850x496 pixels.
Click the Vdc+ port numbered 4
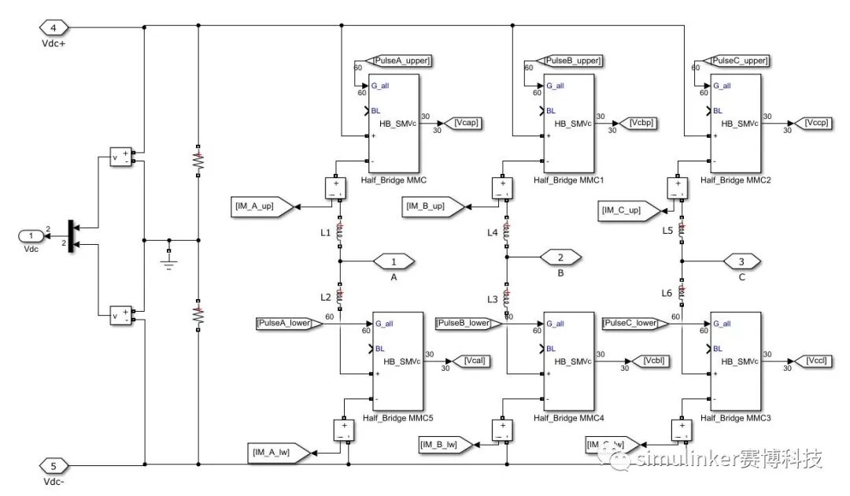pos(54,28)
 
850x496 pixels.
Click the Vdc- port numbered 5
pos(54,465)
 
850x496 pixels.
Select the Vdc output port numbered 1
pos(31,236)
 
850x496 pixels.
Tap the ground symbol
pos(168,257)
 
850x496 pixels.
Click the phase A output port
pos(394,261)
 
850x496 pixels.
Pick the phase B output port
pos(560,257)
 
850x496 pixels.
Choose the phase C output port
pos(741,261)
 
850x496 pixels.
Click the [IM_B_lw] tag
pos(445,446)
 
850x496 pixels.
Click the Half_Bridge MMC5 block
pos(397,362)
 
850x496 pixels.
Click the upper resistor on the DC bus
pos(198,162)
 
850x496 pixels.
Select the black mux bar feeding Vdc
pos(72,236)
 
